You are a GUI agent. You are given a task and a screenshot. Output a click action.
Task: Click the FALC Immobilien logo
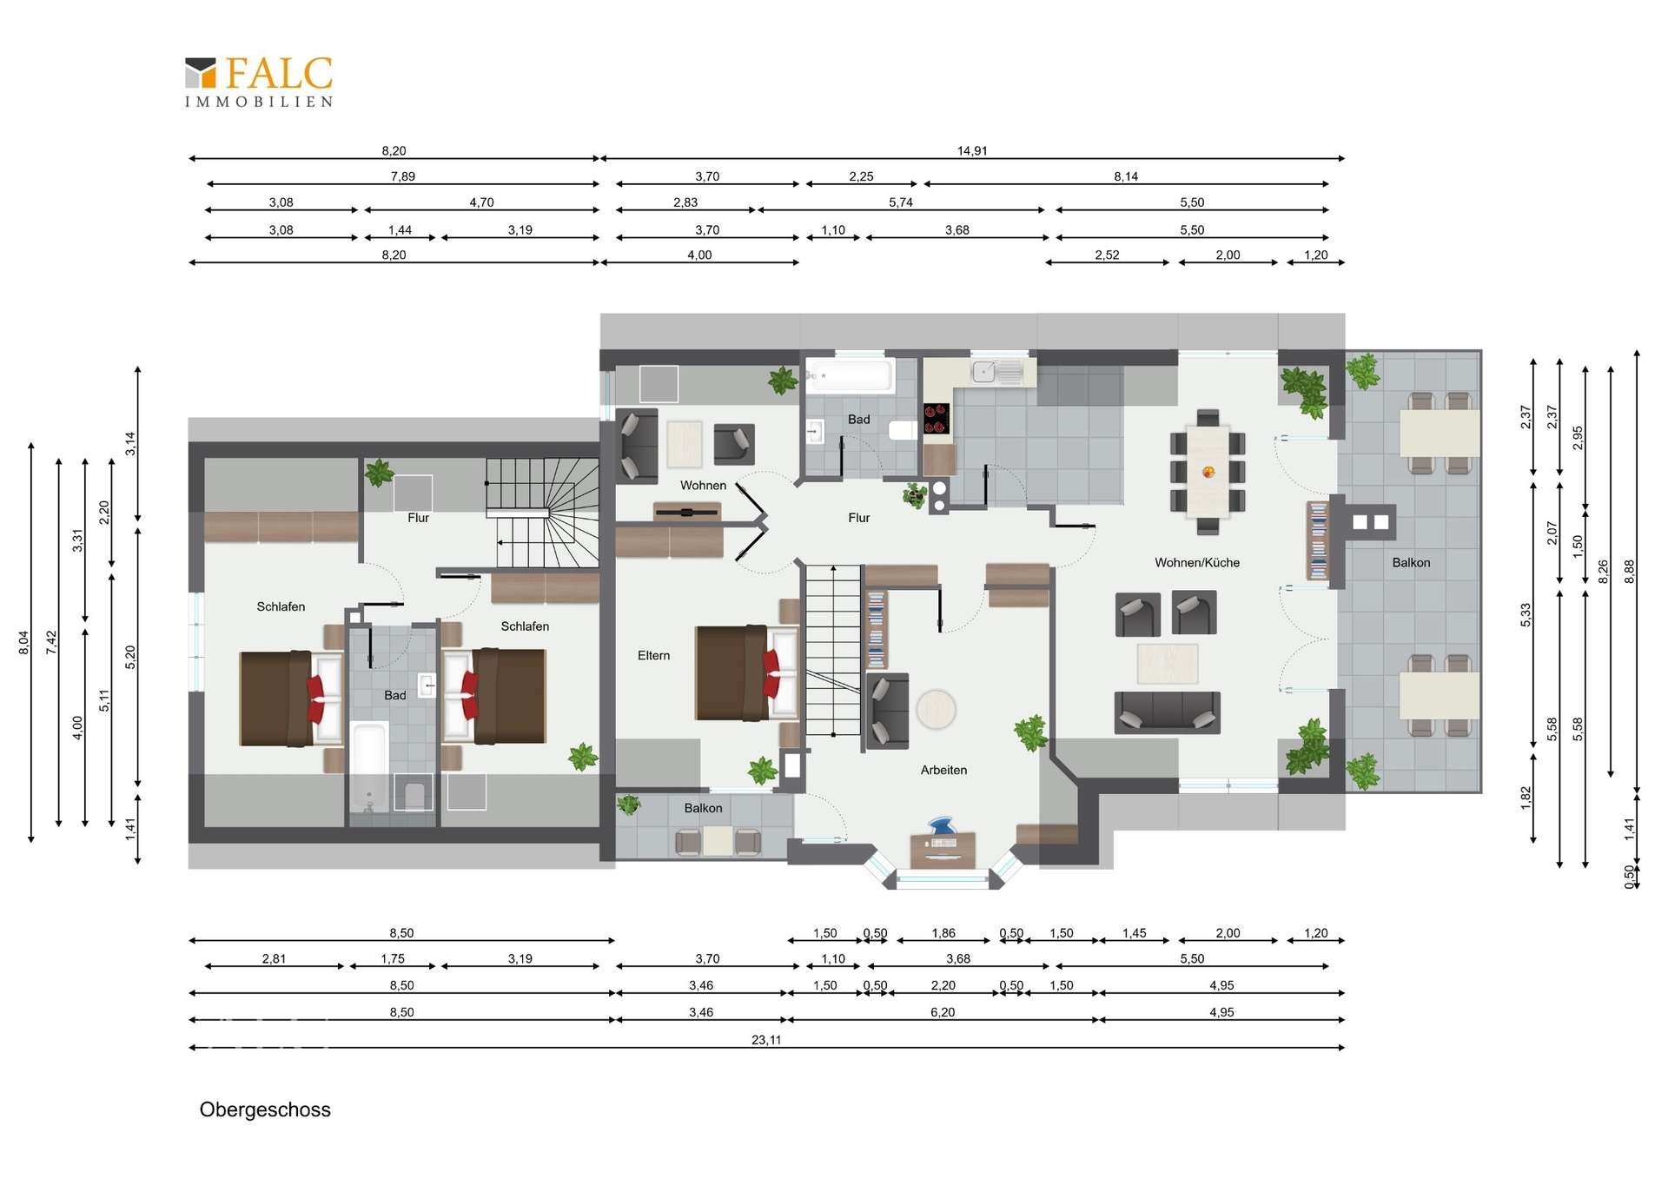(259, 83)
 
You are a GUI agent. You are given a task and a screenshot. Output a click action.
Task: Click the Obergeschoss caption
(265, 1109)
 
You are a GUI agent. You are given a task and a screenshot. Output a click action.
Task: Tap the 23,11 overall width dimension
(766, 1040)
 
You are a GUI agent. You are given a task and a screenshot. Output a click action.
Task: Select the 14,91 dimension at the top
(972, 151)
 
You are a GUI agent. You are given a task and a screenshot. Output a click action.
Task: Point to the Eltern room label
(653, 656)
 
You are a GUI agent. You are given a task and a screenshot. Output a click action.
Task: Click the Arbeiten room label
(943, 770)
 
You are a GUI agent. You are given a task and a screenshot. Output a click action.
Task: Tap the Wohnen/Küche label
(1197, 563)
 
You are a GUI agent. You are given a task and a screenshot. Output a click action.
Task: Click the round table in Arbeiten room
(936, 709)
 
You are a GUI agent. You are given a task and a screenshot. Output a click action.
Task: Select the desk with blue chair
(943, 843)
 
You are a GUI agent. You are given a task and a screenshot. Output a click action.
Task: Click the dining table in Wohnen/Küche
(1208, 472)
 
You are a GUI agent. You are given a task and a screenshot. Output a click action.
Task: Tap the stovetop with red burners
(936, 418)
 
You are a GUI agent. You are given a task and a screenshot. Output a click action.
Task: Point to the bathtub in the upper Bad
(849, 375)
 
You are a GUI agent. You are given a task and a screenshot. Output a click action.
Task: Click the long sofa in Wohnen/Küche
(1167, 712)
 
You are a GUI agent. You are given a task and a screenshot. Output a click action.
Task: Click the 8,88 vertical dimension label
(1630, 571)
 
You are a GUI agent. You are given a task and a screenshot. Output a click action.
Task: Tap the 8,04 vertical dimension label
(24, 643)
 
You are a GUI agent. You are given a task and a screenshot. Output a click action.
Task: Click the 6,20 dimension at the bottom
(943, 1012)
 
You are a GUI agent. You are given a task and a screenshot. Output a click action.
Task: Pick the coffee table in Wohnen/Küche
(1168, 664)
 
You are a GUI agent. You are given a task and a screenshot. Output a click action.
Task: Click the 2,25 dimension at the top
(861, 176)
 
